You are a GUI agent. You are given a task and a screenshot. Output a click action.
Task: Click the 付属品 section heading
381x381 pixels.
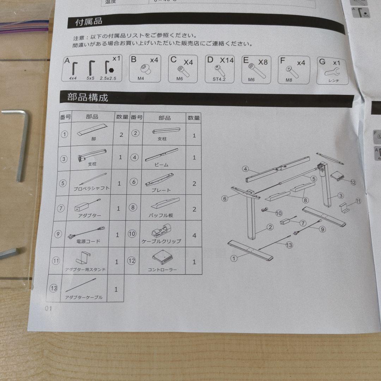(x=89, y=22)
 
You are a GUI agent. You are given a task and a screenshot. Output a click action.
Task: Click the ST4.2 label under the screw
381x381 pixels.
(x=219, y=79)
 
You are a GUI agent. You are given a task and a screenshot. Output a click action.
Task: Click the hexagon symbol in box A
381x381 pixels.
(x=112, y=70)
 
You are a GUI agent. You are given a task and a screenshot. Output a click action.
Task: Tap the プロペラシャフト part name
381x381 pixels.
(x=91, y=188)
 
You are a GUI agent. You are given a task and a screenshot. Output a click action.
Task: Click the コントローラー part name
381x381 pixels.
(x=163, y=270)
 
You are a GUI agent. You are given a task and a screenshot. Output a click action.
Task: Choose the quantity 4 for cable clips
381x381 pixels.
(x=194, y=235)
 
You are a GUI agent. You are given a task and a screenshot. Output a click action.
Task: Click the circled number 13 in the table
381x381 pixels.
(x=54, y=289)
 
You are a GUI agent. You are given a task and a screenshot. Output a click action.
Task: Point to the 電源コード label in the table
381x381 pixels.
(x=88, y=242)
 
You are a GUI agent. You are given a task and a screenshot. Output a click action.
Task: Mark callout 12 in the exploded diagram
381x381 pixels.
(x=353, y=182)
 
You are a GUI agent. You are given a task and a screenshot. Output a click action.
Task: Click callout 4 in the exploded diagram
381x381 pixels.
(x=246, y=169)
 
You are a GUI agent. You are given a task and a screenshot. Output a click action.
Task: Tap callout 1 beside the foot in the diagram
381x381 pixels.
(x=233, y=258)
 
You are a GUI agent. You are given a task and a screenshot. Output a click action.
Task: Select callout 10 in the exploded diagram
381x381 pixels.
(x=279, y=213)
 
